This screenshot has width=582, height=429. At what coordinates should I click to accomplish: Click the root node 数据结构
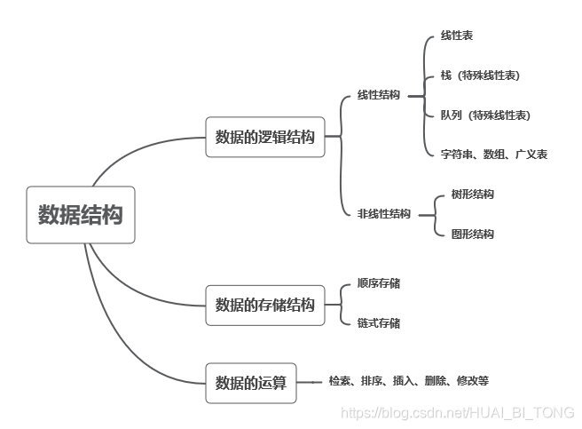pyautogui.click(x=81, y=215)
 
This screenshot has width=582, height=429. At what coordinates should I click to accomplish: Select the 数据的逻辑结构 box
pyautogui.click(x=265, y=137)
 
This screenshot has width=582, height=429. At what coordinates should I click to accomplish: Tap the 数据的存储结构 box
pyautogui.click(x=265, y=305)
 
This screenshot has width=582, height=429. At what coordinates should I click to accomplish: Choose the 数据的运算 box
pyautogui.click(x=252, y=383)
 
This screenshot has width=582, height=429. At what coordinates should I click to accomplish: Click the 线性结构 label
pyautogui.click(x=378, y=94)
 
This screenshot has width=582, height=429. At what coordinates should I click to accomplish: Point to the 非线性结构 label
pyautogui.click(x=383, y=214)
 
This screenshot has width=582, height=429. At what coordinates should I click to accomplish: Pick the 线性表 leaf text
pyautogui.click(x=457, y=36)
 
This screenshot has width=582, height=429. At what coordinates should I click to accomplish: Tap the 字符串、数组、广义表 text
pyautogui.click(x=494, y=155)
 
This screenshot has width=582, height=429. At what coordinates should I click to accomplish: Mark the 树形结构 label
pyautogui.click(x=472, y=195)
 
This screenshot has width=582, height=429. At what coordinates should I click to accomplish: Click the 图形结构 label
pyautogui.click(x=472, y=234)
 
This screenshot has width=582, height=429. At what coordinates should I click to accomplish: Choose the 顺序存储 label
pyautogui.click(x=378, y=283)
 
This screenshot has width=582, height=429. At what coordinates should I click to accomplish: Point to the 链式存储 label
pyautogui.click(x=378, y=323)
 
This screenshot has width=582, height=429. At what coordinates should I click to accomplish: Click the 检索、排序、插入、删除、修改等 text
pyautogui.click(x=408, y=381)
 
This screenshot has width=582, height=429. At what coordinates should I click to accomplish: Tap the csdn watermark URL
pyautogui.click(x=458, y=413)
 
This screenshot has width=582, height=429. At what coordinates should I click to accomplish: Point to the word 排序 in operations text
pyautogui.click(x=371, y=381)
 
